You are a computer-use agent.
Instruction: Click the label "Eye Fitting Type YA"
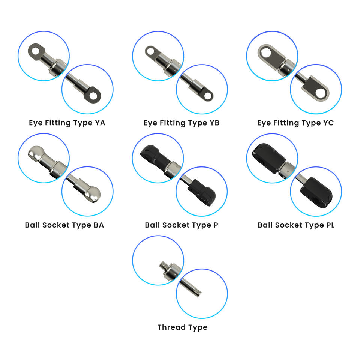67,123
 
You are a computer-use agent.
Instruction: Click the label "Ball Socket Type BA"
64,225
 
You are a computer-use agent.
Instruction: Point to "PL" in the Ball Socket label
328,225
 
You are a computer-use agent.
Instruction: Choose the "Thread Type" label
182,327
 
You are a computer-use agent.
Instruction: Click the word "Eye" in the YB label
150,123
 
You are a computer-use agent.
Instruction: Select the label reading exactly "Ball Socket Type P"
181,225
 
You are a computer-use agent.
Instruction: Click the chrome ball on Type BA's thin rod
93,193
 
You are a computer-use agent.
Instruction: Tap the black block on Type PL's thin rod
316,190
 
